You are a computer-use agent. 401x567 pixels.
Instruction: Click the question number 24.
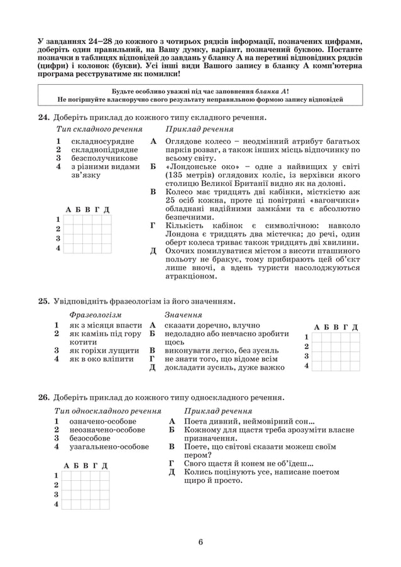click(43, 117)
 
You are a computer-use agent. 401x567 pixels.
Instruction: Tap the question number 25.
click(43, 301)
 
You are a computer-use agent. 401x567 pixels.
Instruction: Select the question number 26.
click(43, 397)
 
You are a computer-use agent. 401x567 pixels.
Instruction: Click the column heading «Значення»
click(183, 314)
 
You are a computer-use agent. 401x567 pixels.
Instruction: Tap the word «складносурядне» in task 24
click(102, 142)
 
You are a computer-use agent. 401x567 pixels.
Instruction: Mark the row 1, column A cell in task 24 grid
click(69, 219)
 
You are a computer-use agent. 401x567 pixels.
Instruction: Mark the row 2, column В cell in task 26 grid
click(85, 485)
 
